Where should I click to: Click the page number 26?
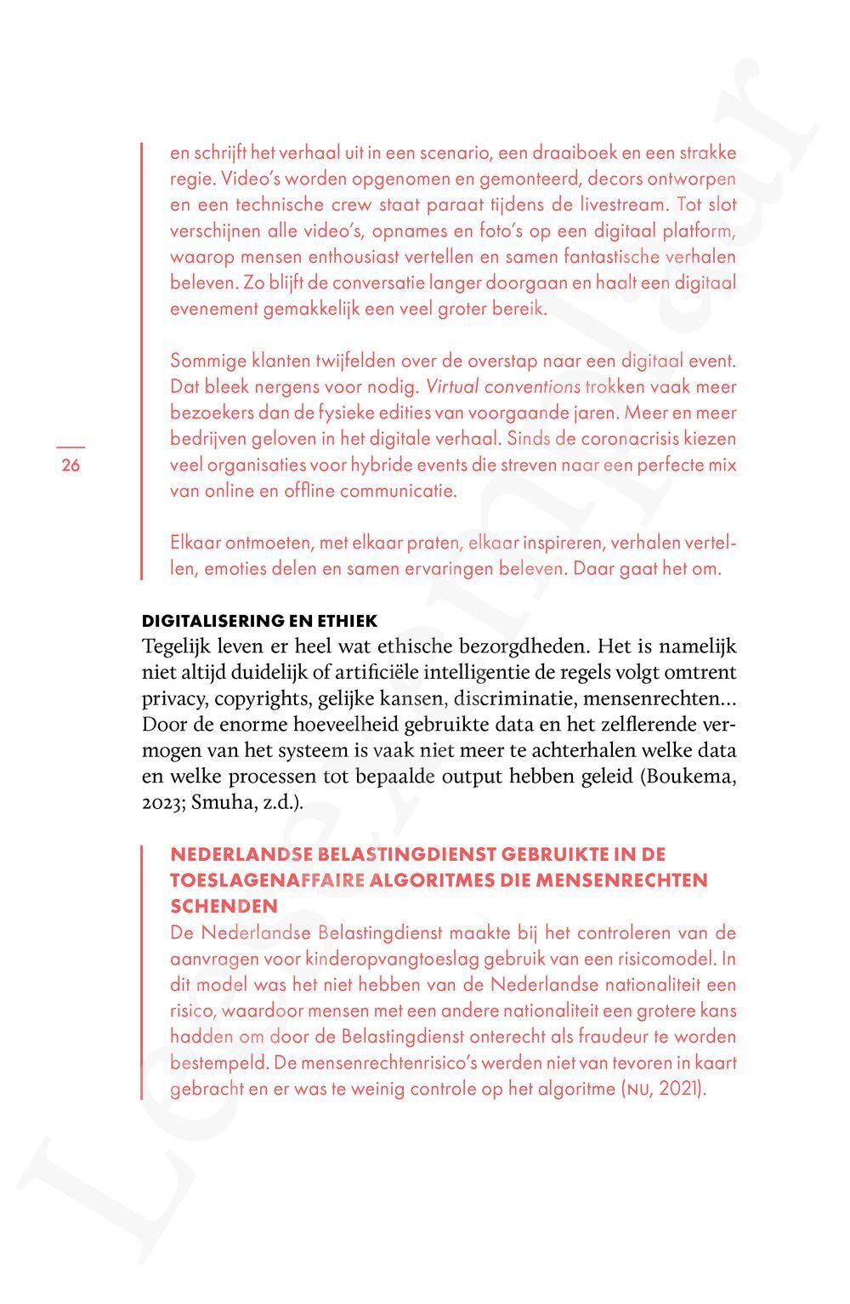click(71, 465)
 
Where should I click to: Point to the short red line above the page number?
click(71, 446)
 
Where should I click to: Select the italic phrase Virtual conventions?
click(502, 387)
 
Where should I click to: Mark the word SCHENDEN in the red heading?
click(224, 906)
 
